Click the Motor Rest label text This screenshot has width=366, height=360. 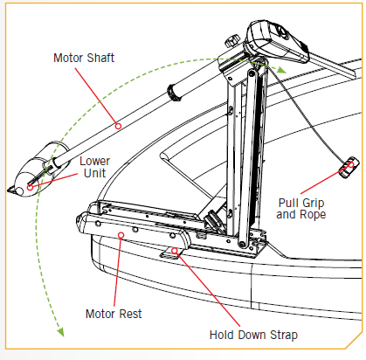(114, 312)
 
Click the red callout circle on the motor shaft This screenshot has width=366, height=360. (119, 127)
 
